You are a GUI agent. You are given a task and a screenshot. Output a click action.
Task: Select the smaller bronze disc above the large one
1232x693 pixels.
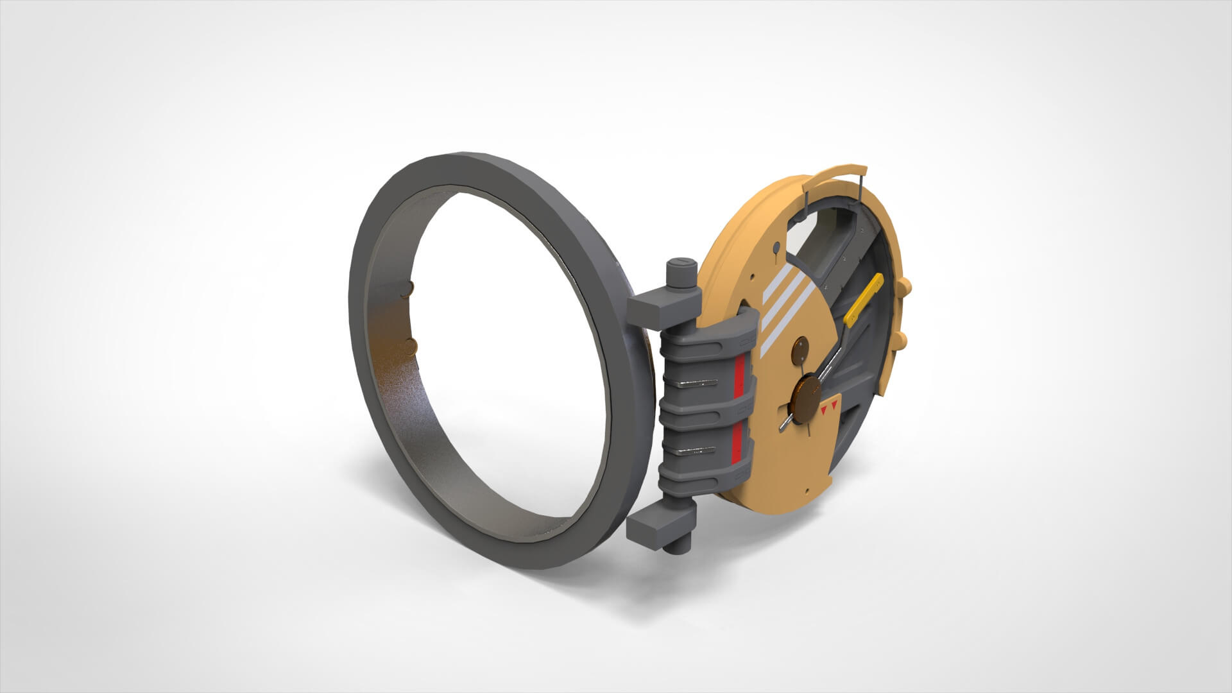point(801,350)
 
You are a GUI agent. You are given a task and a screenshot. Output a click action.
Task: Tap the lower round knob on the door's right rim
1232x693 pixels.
point(901,339)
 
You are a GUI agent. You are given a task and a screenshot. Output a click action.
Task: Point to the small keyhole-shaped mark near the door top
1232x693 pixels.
point(777,250)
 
